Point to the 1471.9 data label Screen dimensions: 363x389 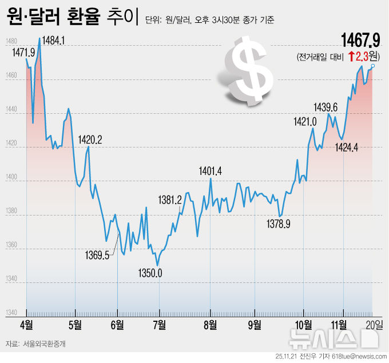(x=23, y=52)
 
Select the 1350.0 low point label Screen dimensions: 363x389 (x=150, y=274)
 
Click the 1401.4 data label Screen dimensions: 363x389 (x=210, y=171)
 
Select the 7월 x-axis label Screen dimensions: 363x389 (x=160, y=325)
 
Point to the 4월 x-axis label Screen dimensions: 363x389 (x=27, y=325)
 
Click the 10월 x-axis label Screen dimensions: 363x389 (x=303, y=325)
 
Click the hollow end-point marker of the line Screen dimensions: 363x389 (x=372, y=66)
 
